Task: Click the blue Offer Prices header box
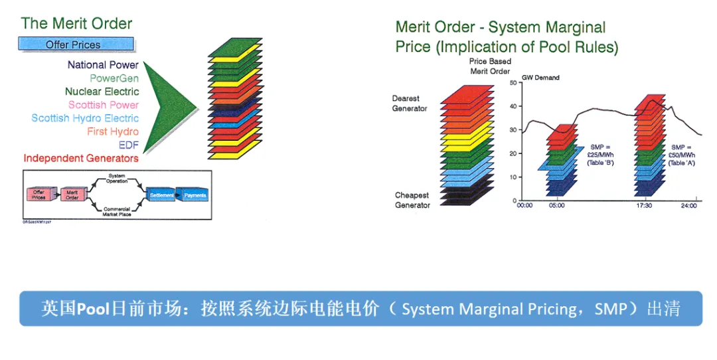click(x=76, y=45)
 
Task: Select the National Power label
click(x=103, y=65)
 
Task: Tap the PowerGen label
click(x=114, y=78)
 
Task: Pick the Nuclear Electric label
click(x=102, y=92)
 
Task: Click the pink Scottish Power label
click(x=104, y=105)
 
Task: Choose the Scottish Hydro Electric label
click(x=85, y=118)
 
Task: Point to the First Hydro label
click(x=113, y=132)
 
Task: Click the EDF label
click(x=129, y=145)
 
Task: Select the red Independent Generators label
click(x=81, y=158)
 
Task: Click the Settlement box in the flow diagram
click(x=161, y=195)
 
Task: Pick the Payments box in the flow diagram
click(x=195, y=195)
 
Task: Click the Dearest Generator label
click(x=410, y=104)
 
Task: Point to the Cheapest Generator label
click(x=412, y=200)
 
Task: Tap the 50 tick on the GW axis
click(x=513, y=83)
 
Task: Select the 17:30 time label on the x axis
click(x=643, y=206)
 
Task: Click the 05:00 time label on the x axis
click(x=557, y=206)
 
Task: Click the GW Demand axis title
click(x=540, y=78)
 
